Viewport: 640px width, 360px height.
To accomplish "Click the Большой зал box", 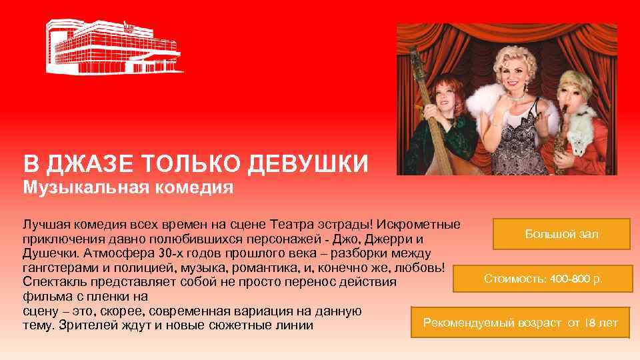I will pos(561,234).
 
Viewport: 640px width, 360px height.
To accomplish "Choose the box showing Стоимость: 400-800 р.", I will pos(543,278).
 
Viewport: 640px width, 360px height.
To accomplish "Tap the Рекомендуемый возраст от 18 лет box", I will pos(521,323).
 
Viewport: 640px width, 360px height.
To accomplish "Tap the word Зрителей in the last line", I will pos(83,326).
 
